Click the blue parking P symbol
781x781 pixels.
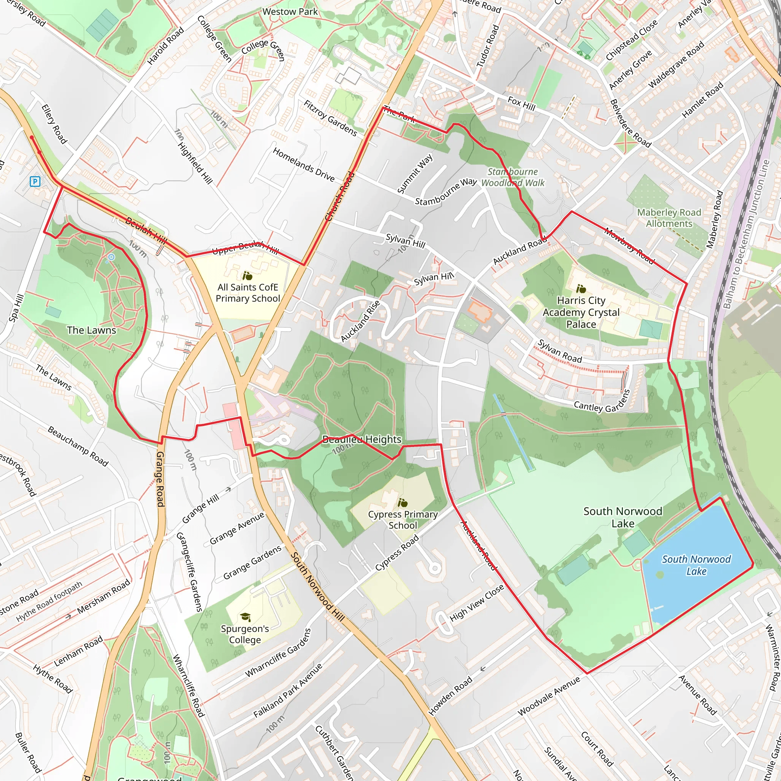[35, 182]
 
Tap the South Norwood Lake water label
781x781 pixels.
[696, 565]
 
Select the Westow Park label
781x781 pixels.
[290, 12]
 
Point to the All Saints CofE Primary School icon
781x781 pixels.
[247, 276]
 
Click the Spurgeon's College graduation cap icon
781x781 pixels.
[245, 617]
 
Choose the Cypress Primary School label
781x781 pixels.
[403, 519]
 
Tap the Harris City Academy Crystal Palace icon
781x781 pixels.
[581, 289]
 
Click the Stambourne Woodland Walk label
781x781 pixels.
[513, 177]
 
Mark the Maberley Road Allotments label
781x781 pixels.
[669, 218]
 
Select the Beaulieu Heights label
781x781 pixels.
[362, 439]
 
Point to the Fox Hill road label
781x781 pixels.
[521, 104]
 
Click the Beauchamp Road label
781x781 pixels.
[78, 446]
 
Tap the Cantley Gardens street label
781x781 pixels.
[602, 402]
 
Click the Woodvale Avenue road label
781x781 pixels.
[549, 696]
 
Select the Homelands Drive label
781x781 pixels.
[304, 164]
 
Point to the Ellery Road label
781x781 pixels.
[54, 124]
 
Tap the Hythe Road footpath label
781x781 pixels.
[49, 601]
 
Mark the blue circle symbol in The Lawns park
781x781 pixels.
[112, 257]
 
